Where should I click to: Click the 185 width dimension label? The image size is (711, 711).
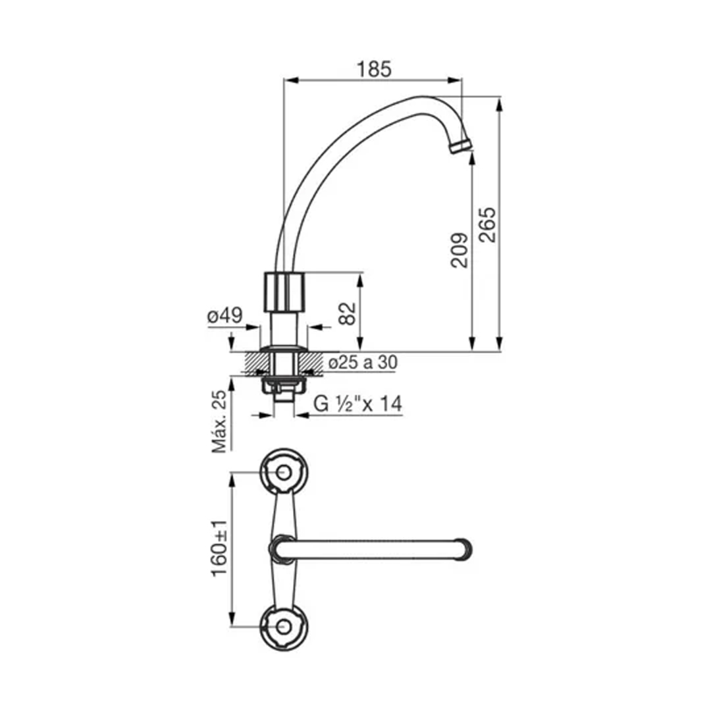[x=373, y=68]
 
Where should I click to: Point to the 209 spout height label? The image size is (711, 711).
[x=460, y=250]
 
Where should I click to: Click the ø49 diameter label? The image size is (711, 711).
[x=224, y=316]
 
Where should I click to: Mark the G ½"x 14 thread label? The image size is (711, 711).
[x=357, y=404]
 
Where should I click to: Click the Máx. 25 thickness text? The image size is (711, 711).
[x=219, y=421]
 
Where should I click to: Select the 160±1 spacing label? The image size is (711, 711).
[x=220, y=548]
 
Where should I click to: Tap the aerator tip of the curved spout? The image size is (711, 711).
[x=460, y=145]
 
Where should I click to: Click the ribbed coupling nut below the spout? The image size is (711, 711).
[x=284, y=292]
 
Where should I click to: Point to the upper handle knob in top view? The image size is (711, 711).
[x=284, y=472]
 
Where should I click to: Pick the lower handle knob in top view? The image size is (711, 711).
[x=284, y=627]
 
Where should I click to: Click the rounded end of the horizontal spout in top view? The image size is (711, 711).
[x=465, y=548]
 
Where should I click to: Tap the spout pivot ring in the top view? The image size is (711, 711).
[x=282, y=548]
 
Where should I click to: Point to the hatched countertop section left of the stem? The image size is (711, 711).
[x=257, y=363]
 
